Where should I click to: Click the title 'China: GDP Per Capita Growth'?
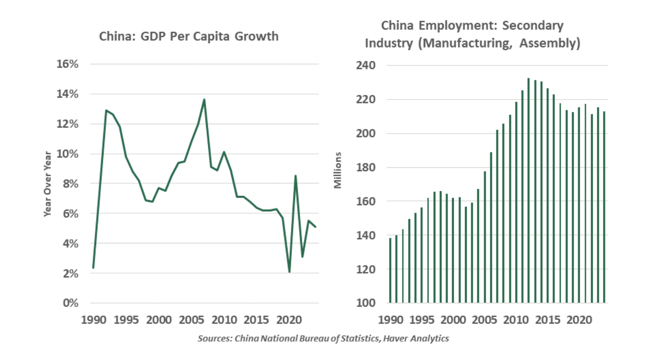(188, 37)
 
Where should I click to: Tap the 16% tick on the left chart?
(68, 64)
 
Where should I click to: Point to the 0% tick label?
(71, 303)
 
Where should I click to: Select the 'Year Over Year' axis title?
(47, 184)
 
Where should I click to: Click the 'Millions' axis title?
(337, 170)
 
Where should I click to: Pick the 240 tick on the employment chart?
(366, 65)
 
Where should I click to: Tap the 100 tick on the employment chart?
(366, 303)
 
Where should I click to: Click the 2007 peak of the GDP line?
(204, 99)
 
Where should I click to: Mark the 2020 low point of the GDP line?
(289, 272)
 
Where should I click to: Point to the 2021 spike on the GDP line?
(296, 176)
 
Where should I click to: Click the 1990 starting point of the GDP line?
(93, 267)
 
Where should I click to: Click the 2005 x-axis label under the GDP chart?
(191, 320)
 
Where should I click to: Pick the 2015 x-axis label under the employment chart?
(548, 320)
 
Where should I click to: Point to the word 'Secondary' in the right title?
(533, 26)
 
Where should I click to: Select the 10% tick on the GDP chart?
(68, 154)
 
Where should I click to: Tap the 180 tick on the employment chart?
(366, 167)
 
